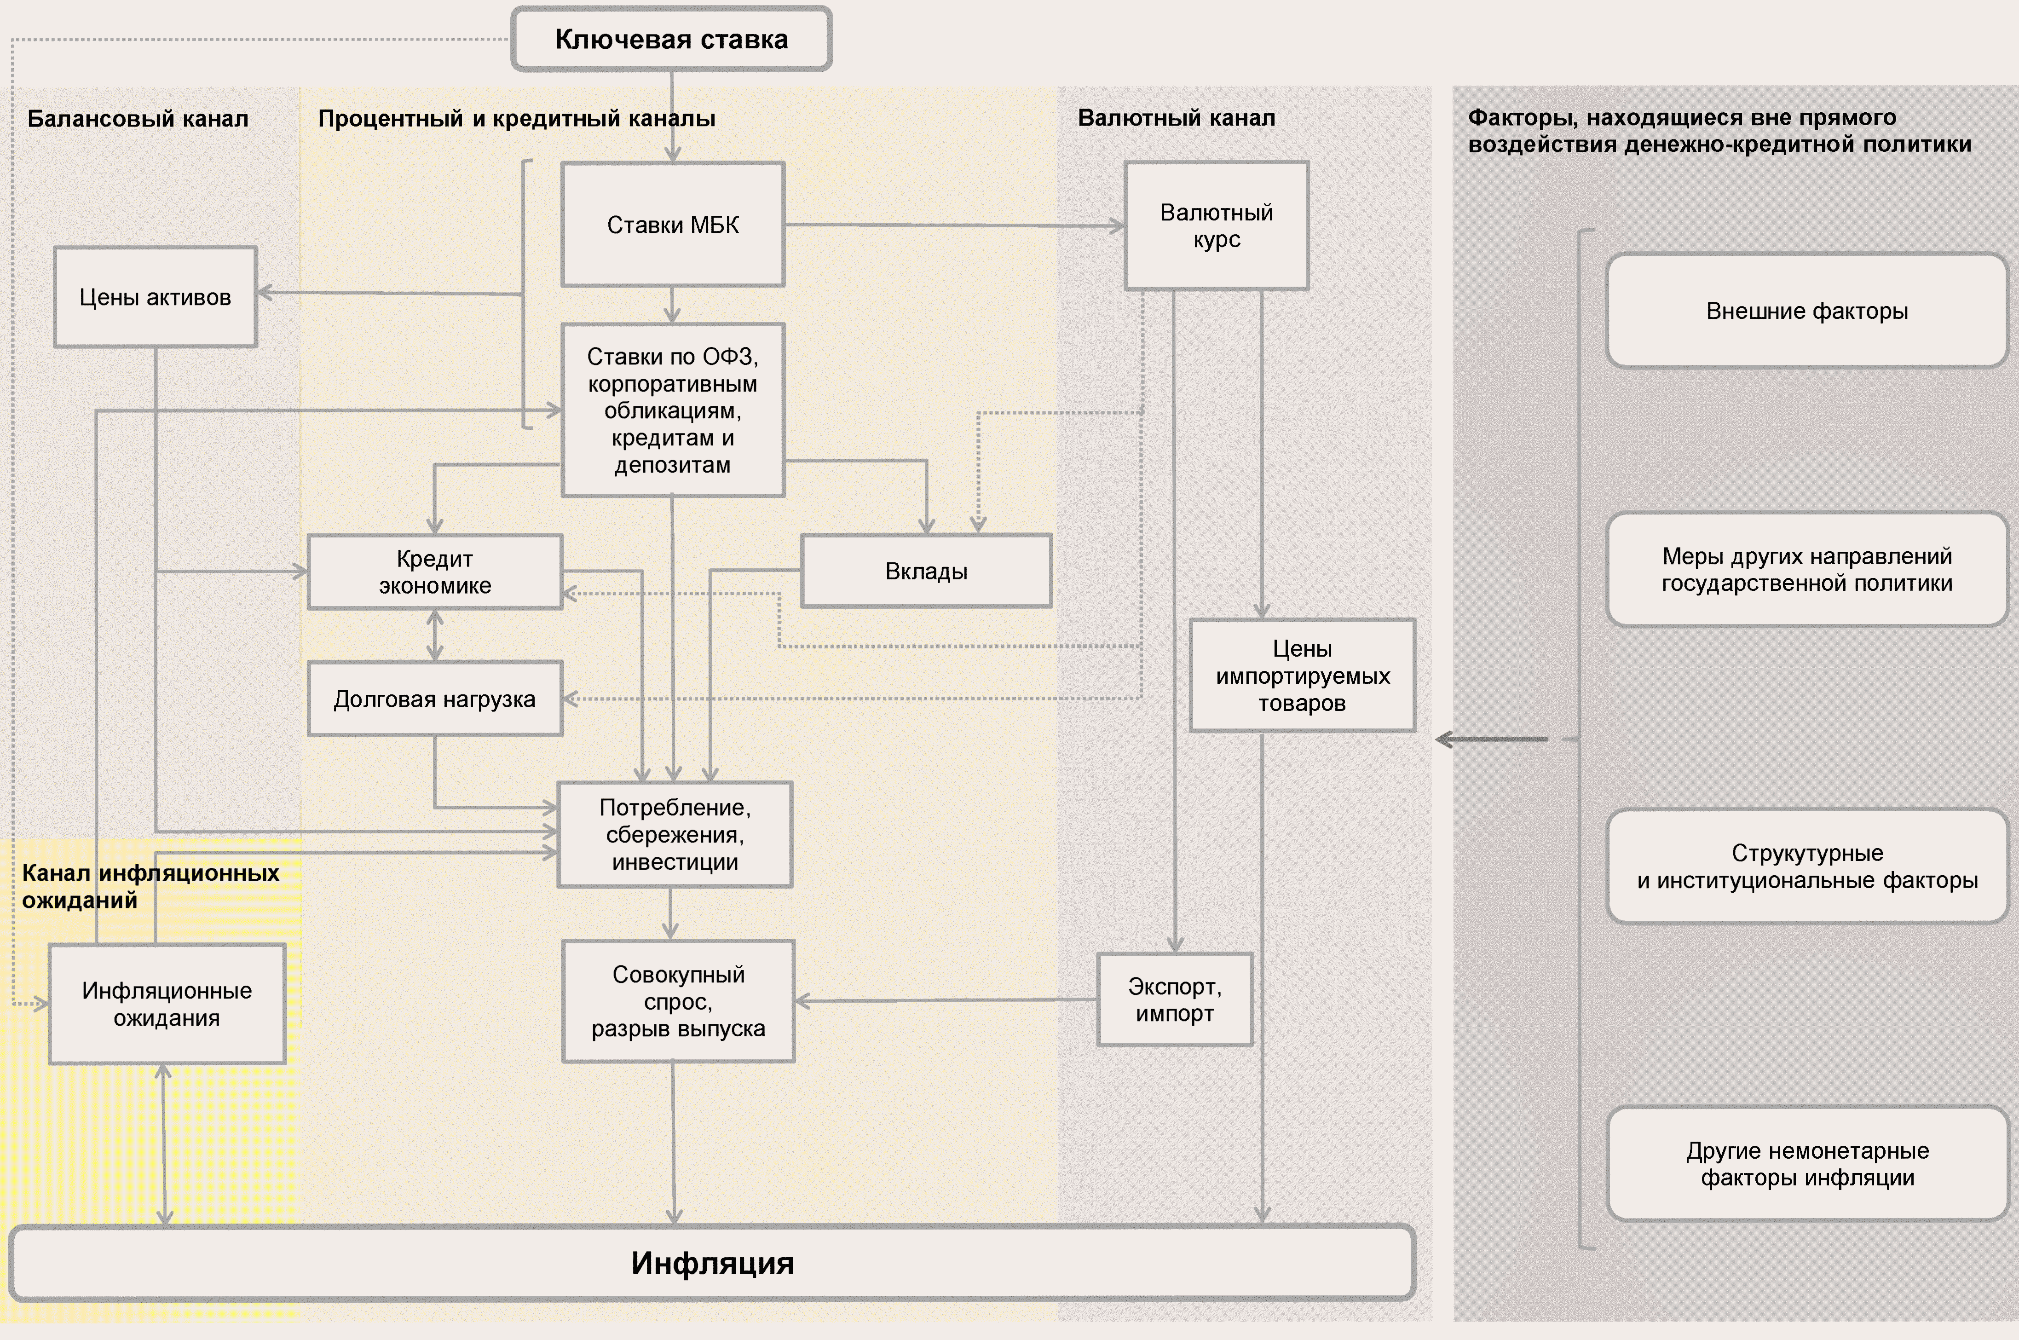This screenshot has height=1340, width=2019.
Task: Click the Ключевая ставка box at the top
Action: click(x=672, y=39)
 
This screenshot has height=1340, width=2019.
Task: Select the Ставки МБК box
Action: click(x=672, y=225)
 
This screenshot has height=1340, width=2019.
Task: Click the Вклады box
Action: click(x=926, y=571)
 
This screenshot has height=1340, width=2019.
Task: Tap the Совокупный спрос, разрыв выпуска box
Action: click(x=678, y=1001)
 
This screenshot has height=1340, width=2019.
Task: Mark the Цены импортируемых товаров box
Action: click(x=1302, y=675)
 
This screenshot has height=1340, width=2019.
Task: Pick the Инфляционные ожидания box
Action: click(x=167, y=1004)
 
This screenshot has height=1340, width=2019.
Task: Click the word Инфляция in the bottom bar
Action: click(x=713, y=1263)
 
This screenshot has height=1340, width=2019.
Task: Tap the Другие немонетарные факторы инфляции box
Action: click(x=1806, y=1164)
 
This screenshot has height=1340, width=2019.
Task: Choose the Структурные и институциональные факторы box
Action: click(x=1806, y=866)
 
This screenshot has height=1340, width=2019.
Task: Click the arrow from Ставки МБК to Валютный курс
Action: click(x=953, y=225)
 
